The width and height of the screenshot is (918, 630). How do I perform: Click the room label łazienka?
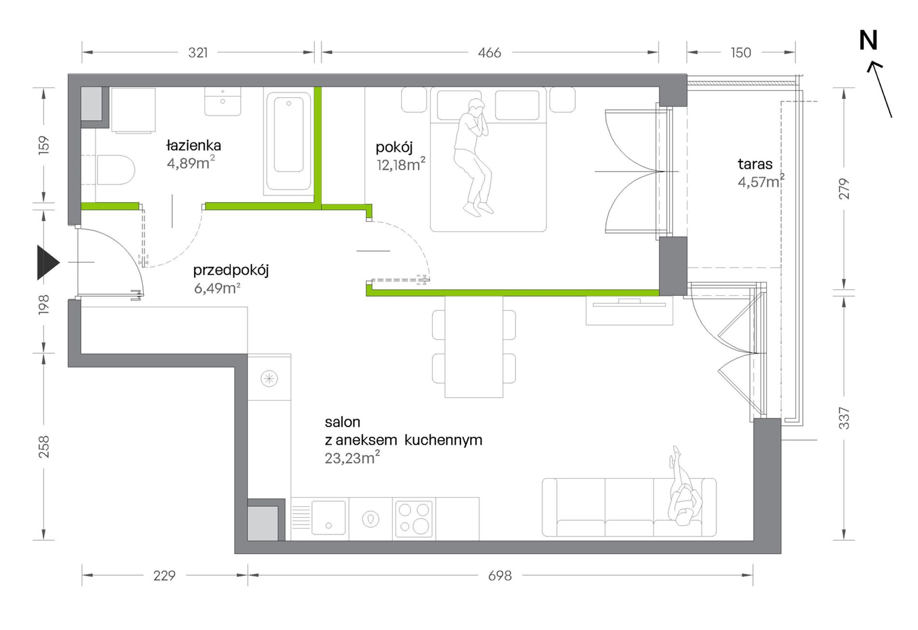point(193,145)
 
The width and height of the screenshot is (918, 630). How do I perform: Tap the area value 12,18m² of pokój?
point(401,164)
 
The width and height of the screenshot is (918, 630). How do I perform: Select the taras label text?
point(755,164)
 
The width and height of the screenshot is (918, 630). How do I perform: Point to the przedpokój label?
point(231,271)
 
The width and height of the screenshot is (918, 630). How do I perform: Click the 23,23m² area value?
point(352,457)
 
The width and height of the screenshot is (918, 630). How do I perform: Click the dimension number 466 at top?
point(489,53)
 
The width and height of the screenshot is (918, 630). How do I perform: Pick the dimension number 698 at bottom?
point(500,575)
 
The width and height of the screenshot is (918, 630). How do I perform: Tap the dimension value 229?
point(164,575)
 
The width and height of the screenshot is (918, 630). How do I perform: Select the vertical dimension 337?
point(844,418)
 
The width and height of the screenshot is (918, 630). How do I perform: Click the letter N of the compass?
point(868,41)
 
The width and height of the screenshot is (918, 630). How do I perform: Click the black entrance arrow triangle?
point(48,263)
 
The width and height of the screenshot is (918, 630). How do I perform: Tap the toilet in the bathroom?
point(115,170)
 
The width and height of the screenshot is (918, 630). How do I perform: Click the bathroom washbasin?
point(222,101)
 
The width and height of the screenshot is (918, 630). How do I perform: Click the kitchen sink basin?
point(329,517)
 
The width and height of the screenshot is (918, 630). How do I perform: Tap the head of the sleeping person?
point(477,106)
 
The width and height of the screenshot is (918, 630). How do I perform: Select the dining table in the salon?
point(473,346)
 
